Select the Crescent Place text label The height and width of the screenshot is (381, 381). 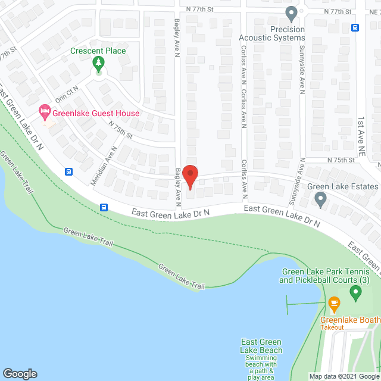point(99,51)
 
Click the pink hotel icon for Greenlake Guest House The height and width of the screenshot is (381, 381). point(44,111)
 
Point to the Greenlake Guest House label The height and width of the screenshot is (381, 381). point(96,113)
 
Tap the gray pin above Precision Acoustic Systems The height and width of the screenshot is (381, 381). point(291,13)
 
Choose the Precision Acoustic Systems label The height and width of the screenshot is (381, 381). point(271,33)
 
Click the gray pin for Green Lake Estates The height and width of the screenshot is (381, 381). point(321,199)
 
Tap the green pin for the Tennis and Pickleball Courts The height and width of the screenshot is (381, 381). point(355,292)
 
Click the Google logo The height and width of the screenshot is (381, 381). point(20,373)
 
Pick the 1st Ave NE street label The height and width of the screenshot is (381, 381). point(361,135)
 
